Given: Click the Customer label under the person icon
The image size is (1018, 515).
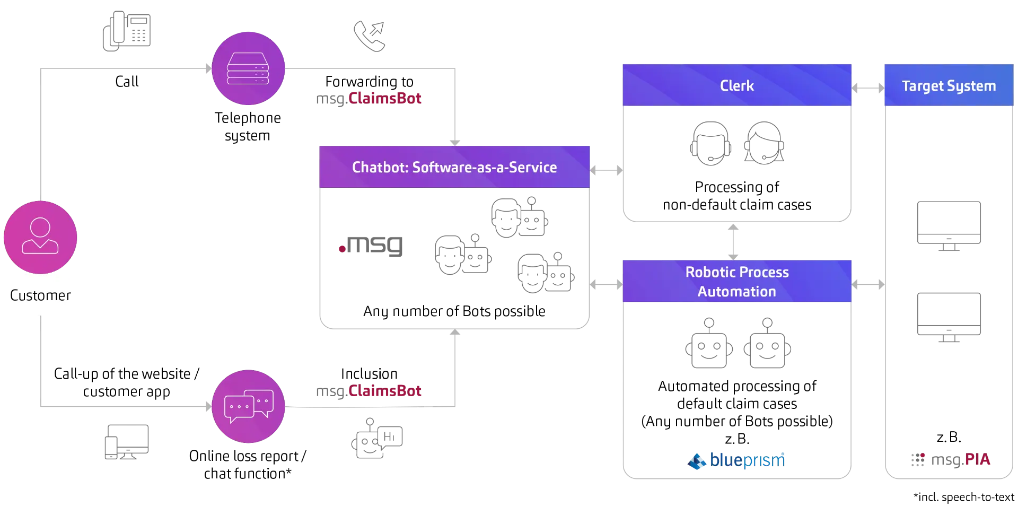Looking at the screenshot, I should [x=40, y=295].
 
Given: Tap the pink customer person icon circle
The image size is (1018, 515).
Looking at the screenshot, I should [x=40, y=237].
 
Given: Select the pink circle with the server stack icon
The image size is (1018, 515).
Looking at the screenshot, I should [x=248, y=68].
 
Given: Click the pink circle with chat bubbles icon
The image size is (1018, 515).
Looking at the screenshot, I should [x=248, y=407].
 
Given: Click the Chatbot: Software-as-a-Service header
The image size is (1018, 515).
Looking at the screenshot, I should [x=454, y=167].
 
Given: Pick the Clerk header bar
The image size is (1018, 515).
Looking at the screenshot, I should [x=736, y=85].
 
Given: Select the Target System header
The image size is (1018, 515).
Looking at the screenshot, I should [x=948, y=85].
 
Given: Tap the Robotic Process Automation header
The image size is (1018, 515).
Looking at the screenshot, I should [x=736, y=282].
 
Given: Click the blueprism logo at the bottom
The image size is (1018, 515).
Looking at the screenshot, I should [x=736, y=460].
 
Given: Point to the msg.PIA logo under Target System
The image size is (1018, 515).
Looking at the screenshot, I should [x=949, y=459].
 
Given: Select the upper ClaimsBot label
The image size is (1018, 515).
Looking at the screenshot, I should [x=369, y=99].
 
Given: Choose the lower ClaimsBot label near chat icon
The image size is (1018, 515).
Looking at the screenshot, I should [x=369, y=391].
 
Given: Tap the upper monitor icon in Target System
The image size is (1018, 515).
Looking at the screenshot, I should [x=950, y=225].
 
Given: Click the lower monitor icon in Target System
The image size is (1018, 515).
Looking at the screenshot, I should [x=950, y=315].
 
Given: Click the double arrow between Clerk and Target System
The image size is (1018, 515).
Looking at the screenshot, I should [x=867, y=86].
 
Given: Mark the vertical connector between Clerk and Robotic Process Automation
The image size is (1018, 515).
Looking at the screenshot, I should [x=733, y=241].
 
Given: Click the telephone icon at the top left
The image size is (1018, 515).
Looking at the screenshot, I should [x=126, y=31].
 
